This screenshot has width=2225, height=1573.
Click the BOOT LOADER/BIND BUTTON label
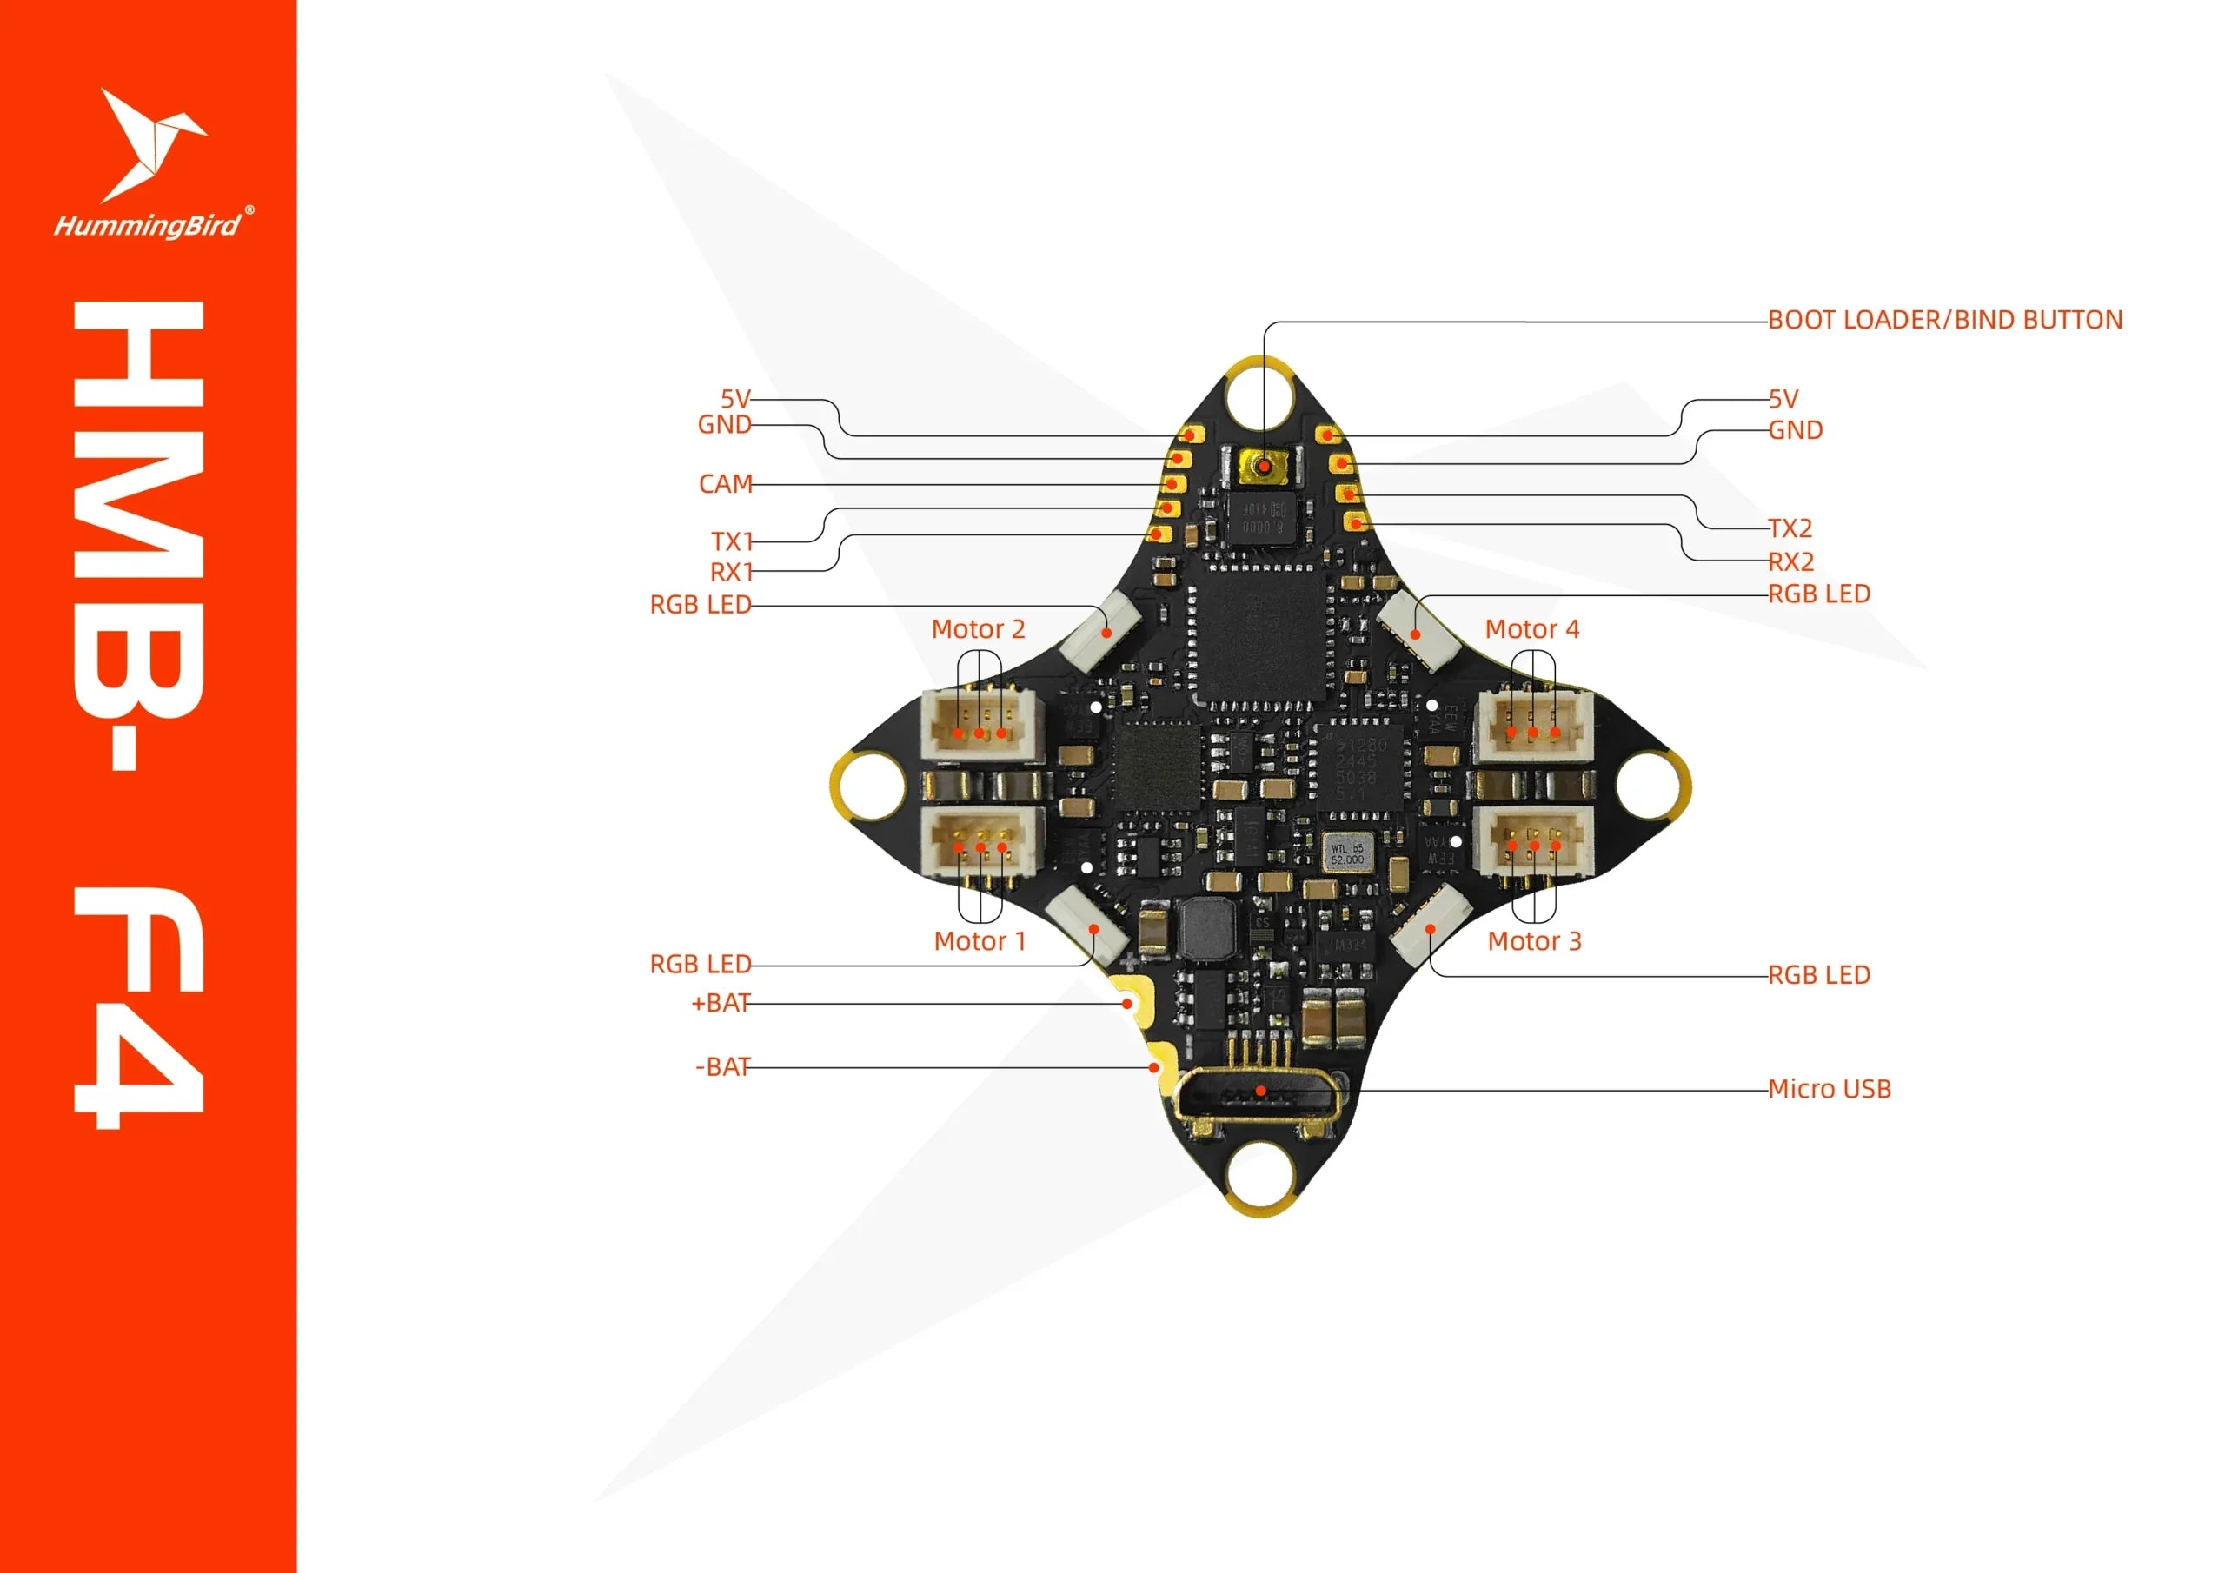point(1944,320)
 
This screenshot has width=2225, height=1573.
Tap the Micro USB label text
point(1829,1090)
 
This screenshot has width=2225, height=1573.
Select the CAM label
point(725,483)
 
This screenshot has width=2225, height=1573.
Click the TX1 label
point(732,541)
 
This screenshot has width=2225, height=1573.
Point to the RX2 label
point(1790,561)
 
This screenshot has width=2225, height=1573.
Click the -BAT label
point(723,1067)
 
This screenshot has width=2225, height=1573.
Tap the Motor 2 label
point(978,629)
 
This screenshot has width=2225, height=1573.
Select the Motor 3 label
point(1534,941)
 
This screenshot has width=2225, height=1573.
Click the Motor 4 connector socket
point(1532,725)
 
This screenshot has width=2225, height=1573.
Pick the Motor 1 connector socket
point(980,841)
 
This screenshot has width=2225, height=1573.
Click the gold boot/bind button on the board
point(1263,468)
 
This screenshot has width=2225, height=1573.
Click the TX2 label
point(1789,528)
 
